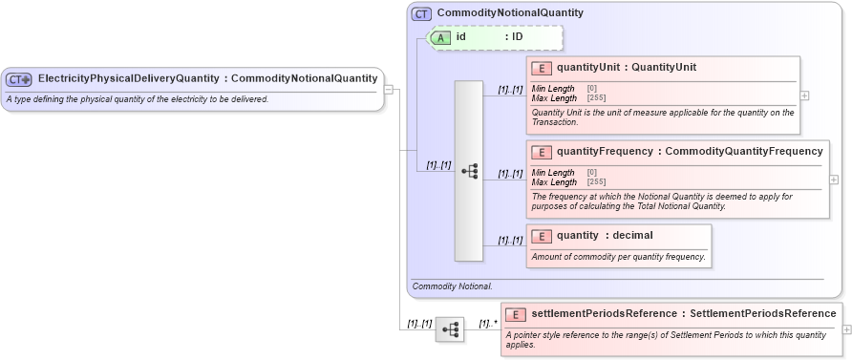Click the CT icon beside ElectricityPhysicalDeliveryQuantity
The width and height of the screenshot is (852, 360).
[19, 79]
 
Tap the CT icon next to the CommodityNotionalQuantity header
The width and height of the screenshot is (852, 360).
[421, 14]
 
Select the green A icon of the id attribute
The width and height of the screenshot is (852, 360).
[440, 37]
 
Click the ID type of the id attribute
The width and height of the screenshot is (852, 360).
[517, 37]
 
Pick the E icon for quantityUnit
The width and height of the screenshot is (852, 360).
[542, 68]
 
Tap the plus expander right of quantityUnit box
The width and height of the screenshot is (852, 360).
[804, 95]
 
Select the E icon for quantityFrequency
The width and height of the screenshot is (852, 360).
[542, 152]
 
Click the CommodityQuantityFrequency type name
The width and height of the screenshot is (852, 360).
[743, 152]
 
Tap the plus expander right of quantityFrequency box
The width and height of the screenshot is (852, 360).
[834, 180]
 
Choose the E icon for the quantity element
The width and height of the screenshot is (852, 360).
[542, 236]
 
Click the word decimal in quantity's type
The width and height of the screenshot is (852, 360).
[632, 236]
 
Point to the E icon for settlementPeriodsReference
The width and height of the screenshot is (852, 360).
[516, 314]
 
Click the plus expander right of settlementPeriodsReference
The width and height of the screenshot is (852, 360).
[846, 329]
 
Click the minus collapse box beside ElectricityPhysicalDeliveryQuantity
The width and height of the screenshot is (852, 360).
[389, 90]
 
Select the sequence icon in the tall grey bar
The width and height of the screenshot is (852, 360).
[469, 171]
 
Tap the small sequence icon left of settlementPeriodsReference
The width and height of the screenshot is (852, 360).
[450, 330]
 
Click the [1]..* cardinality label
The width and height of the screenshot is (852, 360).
[487, 324]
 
